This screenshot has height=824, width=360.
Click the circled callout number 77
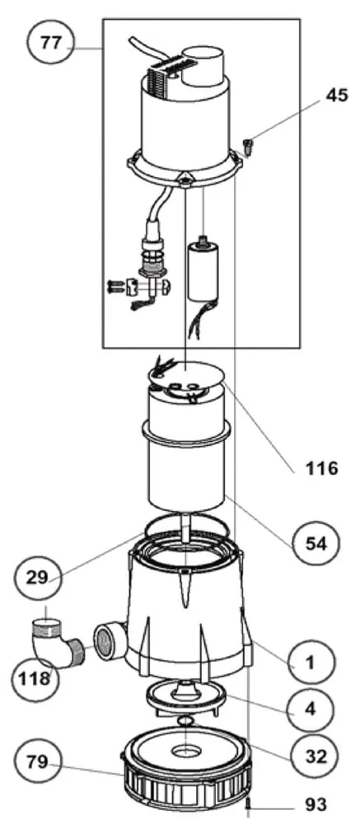click(52, 43)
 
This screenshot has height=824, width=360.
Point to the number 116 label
click(322, 468)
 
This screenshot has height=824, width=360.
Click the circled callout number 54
click(316, 543)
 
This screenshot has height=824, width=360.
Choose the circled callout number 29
click(37, 577)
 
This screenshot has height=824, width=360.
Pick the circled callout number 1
click(311, 662)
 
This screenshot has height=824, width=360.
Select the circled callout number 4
click(311, 709)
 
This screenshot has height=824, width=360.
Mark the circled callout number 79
click(37, 762)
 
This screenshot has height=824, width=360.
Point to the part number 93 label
click(316, 804)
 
